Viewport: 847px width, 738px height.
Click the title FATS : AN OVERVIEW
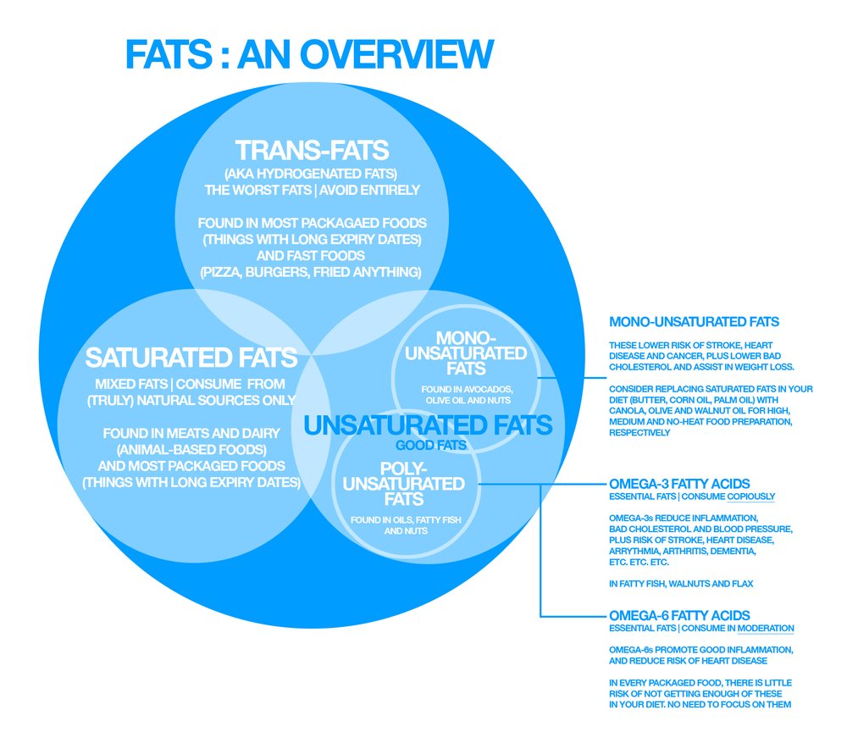(309, 54)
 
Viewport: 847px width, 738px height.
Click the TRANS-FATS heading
(312, 151)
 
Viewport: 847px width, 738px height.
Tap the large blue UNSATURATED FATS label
(428, 424)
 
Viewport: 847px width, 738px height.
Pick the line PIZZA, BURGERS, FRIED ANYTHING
(310, 272)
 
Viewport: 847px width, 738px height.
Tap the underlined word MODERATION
(766, 629)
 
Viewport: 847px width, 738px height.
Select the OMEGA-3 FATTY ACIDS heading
(679, 484)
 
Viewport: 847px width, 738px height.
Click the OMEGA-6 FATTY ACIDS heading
(679, 615)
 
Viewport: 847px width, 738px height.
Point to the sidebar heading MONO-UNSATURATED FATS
(694, 322)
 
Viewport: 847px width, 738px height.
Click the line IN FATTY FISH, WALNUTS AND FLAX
(680, 584)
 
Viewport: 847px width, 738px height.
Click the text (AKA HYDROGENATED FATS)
(311, 174)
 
